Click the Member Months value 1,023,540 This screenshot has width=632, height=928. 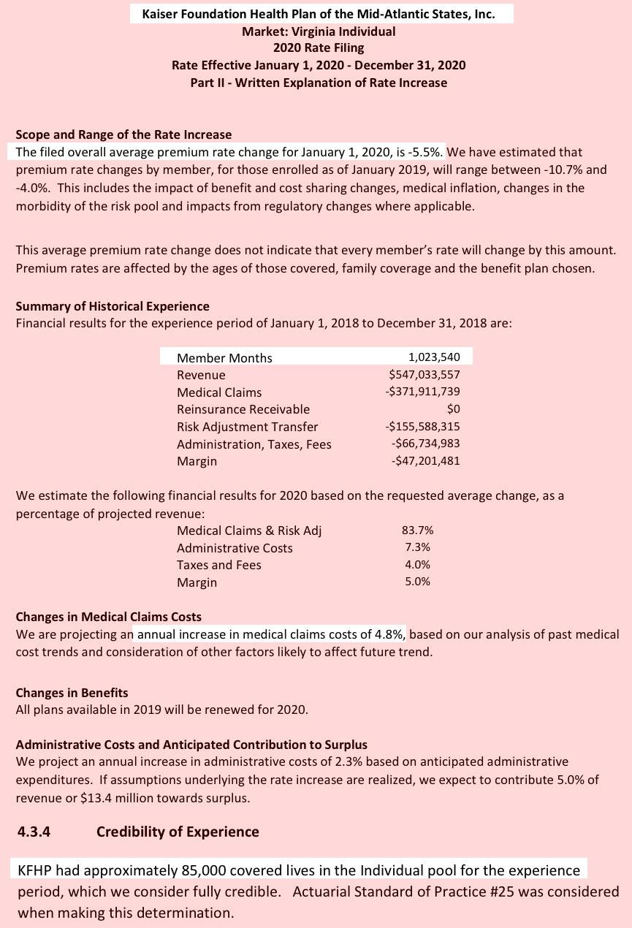point(434,357)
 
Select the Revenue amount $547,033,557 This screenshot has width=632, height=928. point(424,375)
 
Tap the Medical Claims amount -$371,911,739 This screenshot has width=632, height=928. point(422,392)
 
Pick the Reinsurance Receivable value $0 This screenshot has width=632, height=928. point(453,409)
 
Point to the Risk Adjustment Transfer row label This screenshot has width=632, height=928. point(247,427)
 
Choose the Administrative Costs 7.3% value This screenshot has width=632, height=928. point(417,547)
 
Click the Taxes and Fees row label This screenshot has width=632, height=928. point(218,565)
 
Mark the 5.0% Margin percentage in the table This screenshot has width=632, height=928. point(417,582)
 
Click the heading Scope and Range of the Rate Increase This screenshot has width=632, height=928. point(123,134)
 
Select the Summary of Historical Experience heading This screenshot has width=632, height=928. point(113,306)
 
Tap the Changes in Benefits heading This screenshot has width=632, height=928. point(72,692)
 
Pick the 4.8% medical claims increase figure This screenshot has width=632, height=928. point(391,634)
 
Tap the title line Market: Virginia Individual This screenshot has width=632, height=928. point(319,31)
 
